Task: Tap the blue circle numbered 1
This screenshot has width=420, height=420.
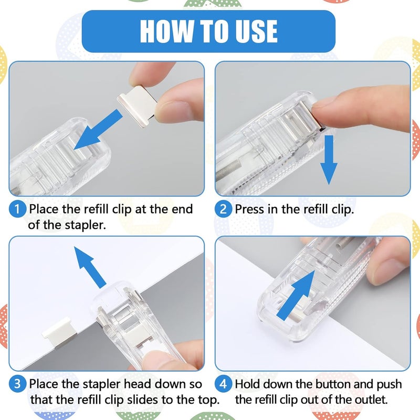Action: [17, 209]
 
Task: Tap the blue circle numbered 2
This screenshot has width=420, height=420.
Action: [223, 209]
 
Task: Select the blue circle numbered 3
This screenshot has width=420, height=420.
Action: [17, 384]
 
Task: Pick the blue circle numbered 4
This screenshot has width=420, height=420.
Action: [223, 384]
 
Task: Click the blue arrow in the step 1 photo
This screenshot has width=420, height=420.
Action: [98, 130]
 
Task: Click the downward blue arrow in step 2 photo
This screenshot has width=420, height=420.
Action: [329, 160]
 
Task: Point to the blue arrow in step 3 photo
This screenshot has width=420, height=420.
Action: [90, 267]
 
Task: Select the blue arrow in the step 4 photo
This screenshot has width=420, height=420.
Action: [296, 296]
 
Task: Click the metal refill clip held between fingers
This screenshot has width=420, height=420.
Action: [136, 106]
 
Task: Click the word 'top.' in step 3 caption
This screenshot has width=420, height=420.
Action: [209, 400]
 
